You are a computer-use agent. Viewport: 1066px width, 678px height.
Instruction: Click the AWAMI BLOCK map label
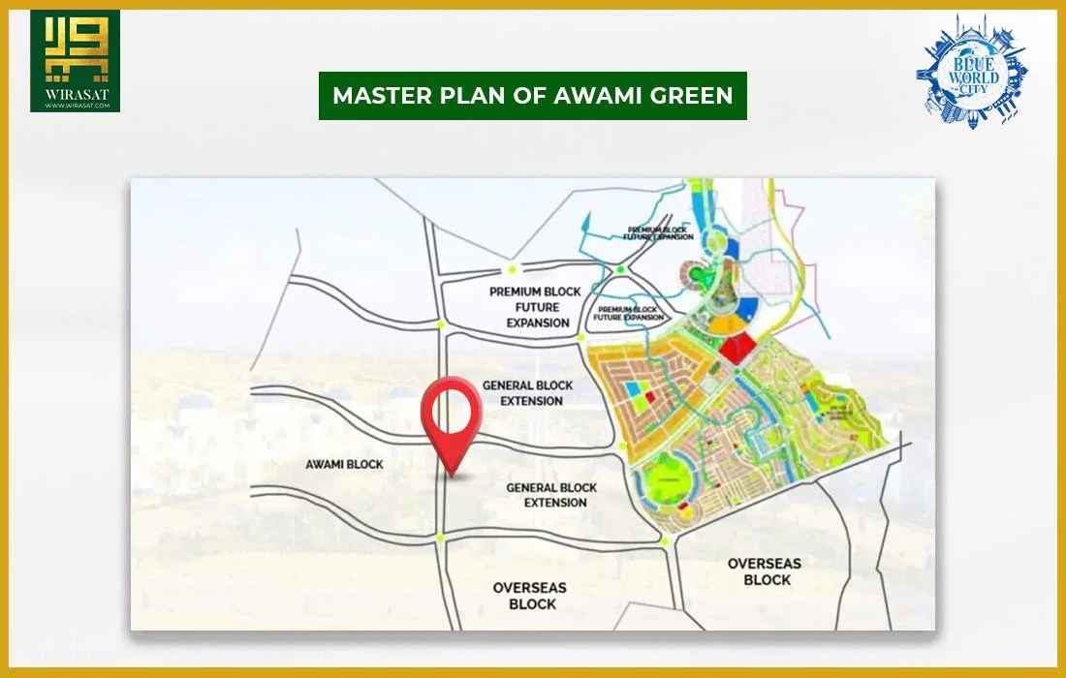(x=345, y=465)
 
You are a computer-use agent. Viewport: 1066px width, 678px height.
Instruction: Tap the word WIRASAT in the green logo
(x=76, y=95)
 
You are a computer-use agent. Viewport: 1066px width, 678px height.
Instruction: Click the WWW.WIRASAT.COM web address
(x=76, y=106)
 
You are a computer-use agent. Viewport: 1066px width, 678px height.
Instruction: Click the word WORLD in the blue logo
(x=972, y=77)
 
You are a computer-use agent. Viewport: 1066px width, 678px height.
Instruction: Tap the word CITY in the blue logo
(x=972, y=90)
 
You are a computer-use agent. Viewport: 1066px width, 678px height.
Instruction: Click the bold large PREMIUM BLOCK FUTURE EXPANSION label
(x=536, y=307)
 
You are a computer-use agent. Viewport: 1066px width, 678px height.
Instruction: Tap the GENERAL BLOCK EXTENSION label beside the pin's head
(x=528, y=392)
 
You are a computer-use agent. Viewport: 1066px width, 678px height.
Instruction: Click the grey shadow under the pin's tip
(x=456, y=476)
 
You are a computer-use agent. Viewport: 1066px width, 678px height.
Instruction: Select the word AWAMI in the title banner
(x=591, y=95)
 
